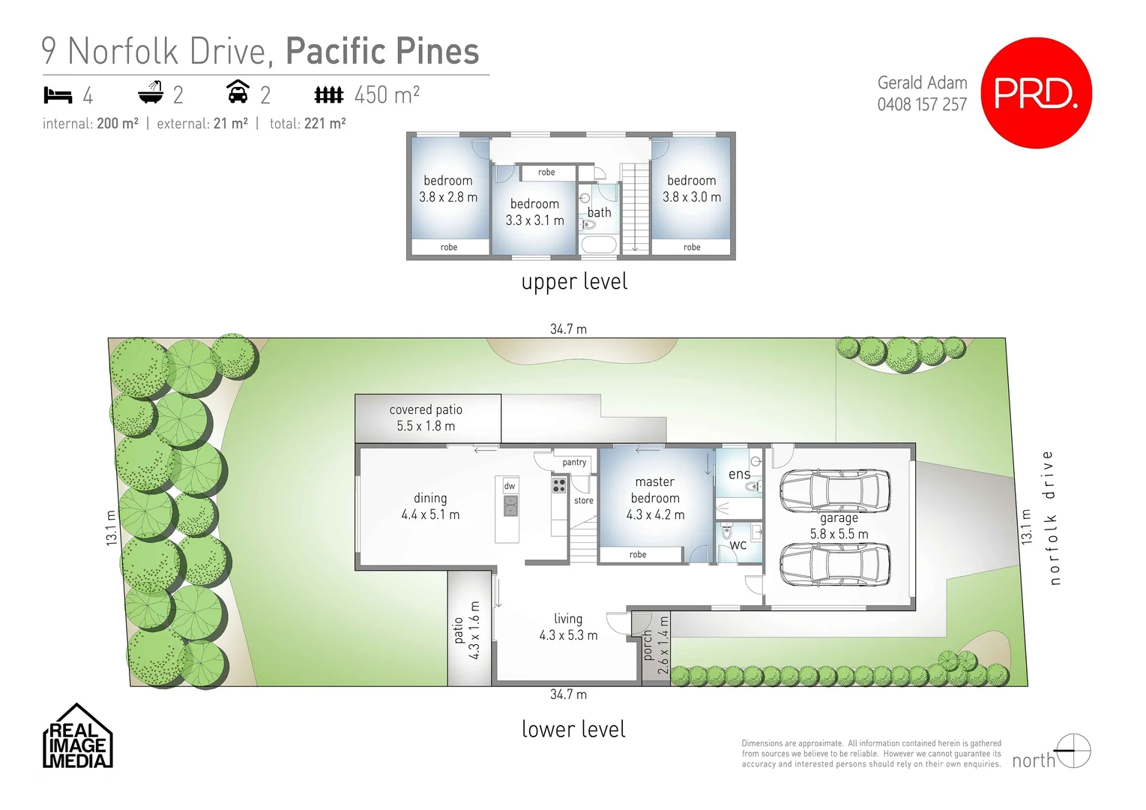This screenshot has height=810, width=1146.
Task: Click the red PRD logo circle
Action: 1036,93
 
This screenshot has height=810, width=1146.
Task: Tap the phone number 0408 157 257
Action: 922,104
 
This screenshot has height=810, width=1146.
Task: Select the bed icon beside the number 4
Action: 58,95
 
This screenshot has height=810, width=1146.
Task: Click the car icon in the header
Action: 238,92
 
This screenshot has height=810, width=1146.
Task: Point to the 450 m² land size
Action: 386,95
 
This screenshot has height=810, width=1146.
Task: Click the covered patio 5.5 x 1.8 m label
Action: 426,418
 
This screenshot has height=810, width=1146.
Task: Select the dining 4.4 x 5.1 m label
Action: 430,506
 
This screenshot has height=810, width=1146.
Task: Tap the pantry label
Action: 574,463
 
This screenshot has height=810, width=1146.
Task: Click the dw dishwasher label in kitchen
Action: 510,486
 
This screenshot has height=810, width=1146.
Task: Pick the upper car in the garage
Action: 835,490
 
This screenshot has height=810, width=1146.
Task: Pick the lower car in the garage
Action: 835,564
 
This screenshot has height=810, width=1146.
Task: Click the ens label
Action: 739,474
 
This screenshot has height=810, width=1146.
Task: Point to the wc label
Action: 738,545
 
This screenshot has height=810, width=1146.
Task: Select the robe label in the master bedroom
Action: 638,555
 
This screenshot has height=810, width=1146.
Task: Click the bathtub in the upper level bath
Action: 599,244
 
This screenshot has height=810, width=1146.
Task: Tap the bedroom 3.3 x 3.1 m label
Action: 534,212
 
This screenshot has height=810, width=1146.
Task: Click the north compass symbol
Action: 1073,751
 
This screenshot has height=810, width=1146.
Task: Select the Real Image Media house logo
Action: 77,736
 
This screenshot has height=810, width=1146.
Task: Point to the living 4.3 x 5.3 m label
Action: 568,627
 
